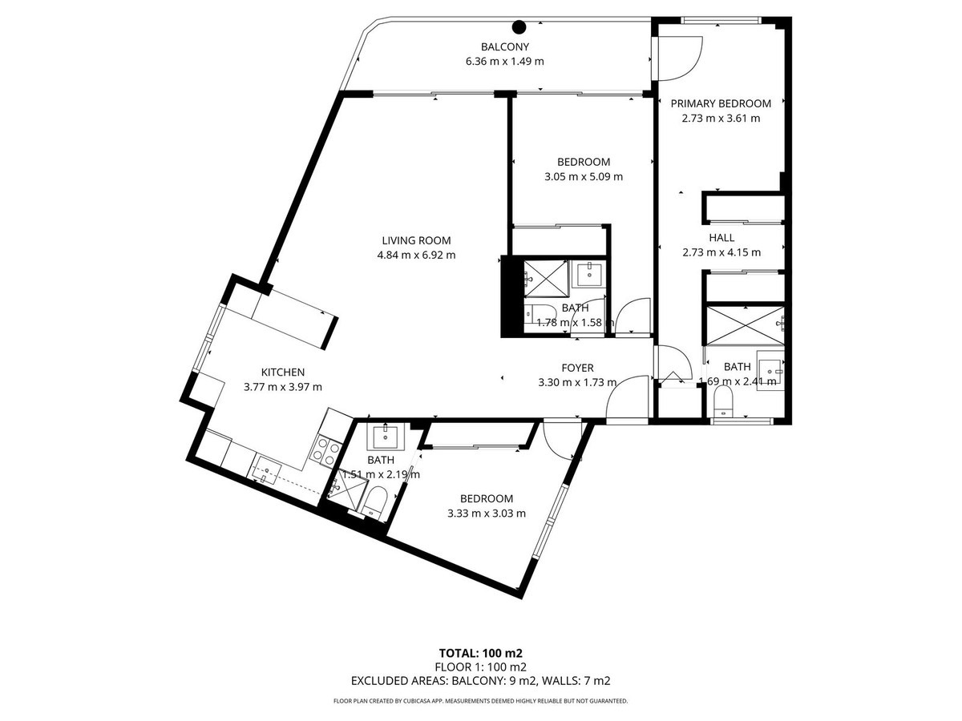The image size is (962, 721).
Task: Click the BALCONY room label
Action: click(504, 46)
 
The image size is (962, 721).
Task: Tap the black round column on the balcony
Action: click(519, 26)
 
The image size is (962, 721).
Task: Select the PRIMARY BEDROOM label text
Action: click(721, 103)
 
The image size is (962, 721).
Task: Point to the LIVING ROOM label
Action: click(416, 240)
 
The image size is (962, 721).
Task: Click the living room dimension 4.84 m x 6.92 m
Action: click(416, 256)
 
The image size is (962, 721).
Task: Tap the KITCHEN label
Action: click(283, 372)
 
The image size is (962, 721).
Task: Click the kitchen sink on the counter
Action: click(264, 468)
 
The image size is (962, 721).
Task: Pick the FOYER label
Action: click(577, 368)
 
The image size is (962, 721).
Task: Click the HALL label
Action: click(721, 237)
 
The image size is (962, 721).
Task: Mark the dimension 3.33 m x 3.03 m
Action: click(487, 514)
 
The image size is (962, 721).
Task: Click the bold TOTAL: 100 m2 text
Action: click(480, 652)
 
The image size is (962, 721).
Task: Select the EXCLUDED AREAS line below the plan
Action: click(480, 681)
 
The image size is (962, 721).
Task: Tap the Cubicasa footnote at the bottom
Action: click(480, 701)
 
